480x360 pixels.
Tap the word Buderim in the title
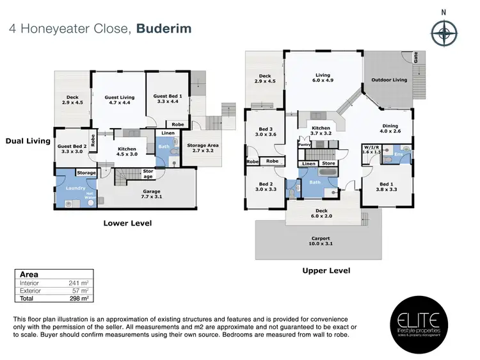164,29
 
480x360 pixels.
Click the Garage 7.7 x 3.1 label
152,194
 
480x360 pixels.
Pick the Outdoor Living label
390,80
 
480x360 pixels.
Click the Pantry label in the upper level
304,145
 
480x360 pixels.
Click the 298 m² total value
78,298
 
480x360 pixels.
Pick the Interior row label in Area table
29,282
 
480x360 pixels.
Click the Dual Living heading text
28,141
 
